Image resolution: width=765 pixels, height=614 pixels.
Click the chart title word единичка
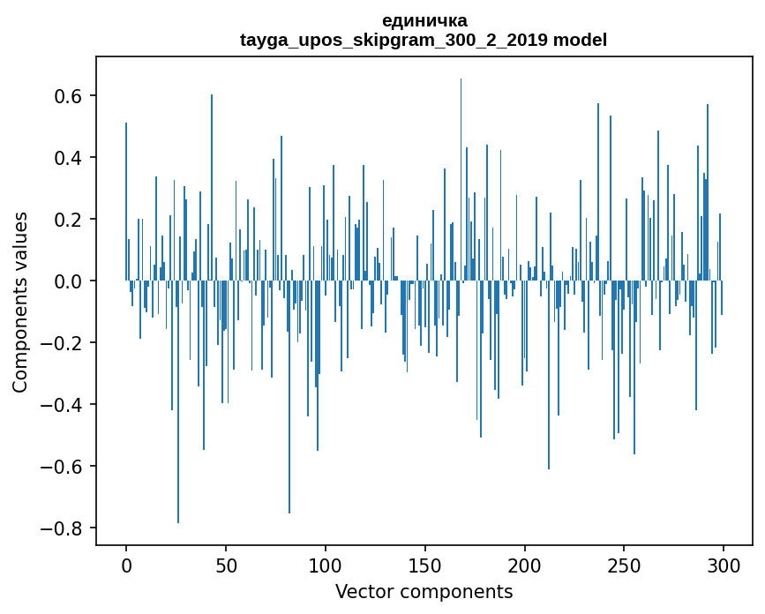point(424,20)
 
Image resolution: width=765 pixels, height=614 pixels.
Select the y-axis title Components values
point(20,302)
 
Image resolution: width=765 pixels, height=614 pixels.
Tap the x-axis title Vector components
point(424,591)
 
